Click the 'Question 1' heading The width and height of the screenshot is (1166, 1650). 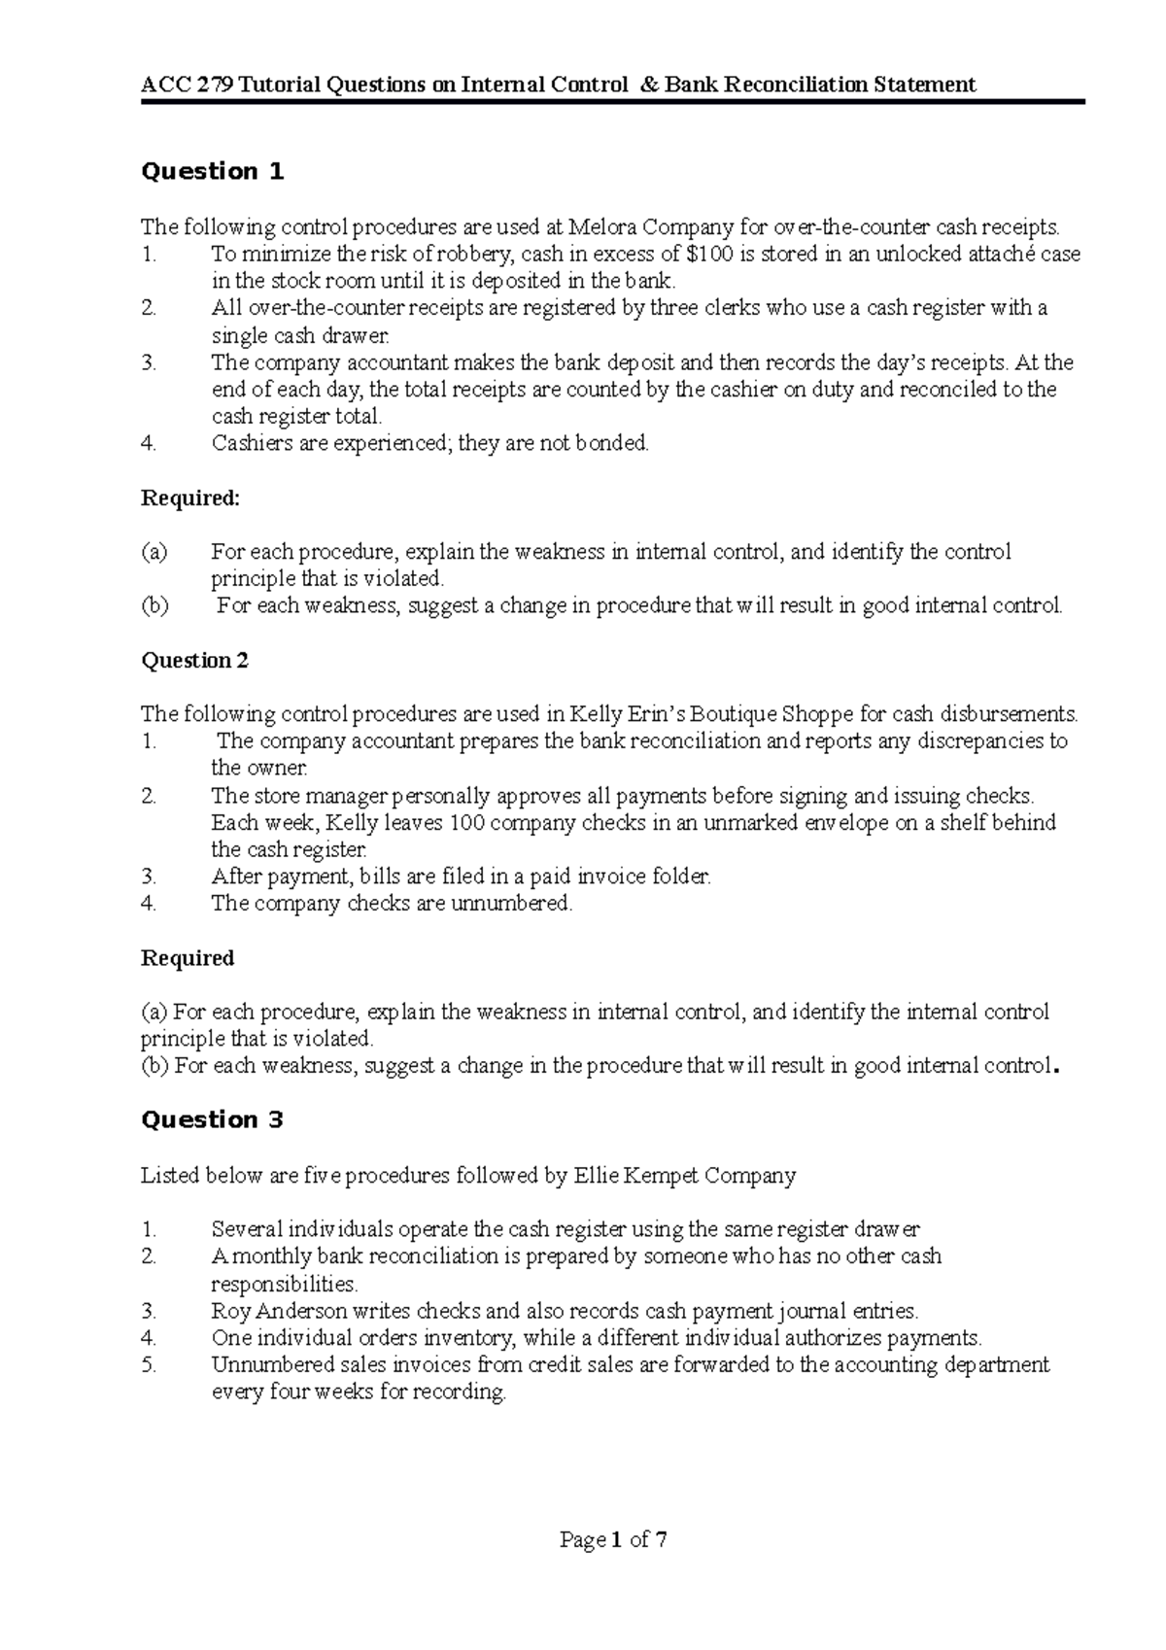tap(212, 172)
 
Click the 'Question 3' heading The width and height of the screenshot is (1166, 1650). tap(212, 1120)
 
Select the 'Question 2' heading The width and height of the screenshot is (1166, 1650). tap(194, 661)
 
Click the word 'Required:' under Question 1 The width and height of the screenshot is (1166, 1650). tap(189, 498)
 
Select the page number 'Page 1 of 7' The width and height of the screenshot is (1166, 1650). tap(613, 1539)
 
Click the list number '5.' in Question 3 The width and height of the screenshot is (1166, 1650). tap(149, 1365)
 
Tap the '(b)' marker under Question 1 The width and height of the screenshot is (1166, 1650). tap(154, 606)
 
